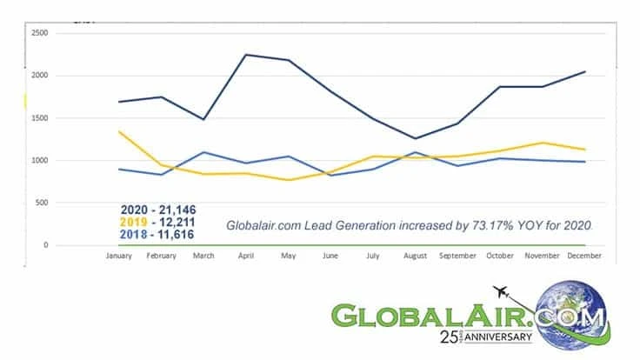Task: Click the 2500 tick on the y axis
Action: (39, 33)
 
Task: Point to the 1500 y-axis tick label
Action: (39, 118)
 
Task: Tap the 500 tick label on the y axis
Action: (41, 203)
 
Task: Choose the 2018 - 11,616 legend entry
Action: (157, 235)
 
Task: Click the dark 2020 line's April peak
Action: (246, 55)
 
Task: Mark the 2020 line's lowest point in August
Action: (416, 138)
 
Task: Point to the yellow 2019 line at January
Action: (118, 131)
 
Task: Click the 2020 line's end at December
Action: (585, 71)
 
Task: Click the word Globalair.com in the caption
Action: (265, 225)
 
